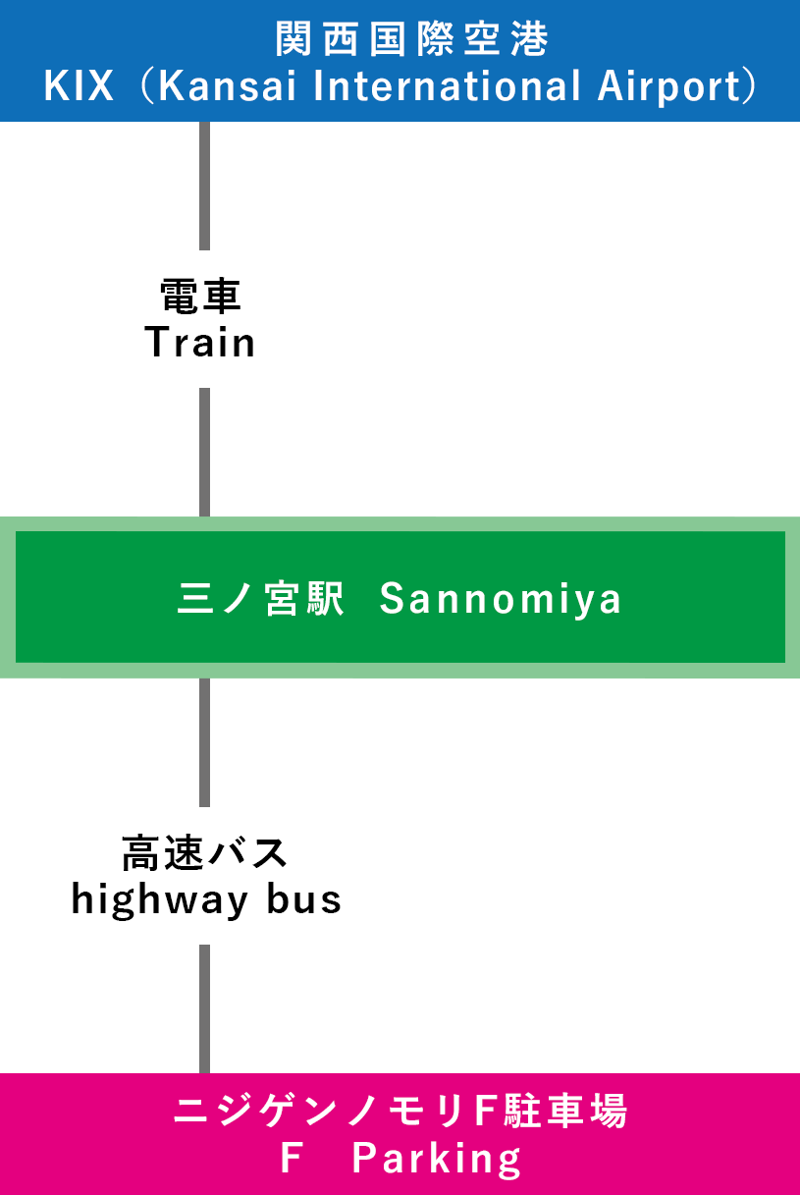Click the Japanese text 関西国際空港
click(x=411, y=40)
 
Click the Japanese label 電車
click(x=200, y=295)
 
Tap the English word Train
click(x=200, y=343)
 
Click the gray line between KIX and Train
click(x=204, y=186)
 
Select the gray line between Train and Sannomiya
click(x=204, y=452)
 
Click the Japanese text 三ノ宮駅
click(x=261, y=599)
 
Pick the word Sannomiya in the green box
click(x=501, y=599)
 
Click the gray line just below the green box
click(x=204, y=741)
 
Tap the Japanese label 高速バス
click(x=205, y=852)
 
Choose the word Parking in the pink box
click(x=437, y=1160)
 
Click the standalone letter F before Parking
click(x=290, y=1160)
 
